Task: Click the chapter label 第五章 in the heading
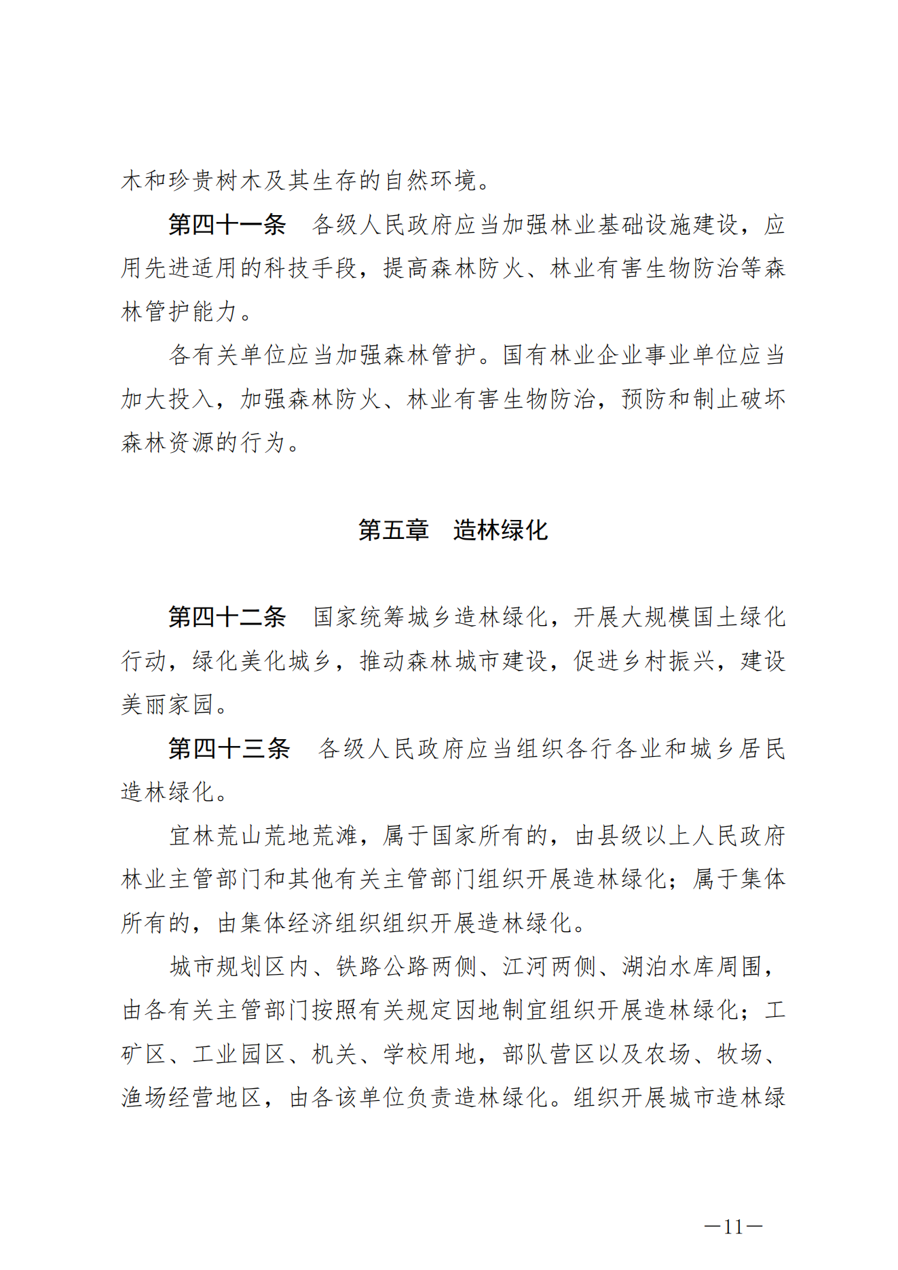tap(393, 530)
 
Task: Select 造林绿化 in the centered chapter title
tap(500, 530)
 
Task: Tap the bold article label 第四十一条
tap(227, 225)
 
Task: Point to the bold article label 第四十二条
tap(227, 617)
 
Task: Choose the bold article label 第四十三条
tap(229, 748)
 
